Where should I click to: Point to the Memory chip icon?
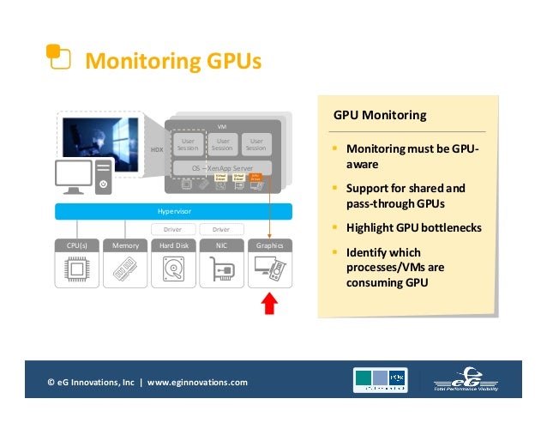click(x=125, y=270)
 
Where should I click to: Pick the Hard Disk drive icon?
click(x=174, y=270)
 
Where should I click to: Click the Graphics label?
click(x=269, y=245)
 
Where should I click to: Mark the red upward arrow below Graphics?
click(x=269, y=304)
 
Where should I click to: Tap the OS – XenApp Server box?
click(x=222, y=167)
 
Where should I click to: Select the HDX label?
click(x=157, y=149)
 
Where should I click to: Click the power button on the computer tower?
click(x=103, y=184)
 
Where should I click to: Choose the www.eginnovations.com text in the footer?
click(x=197, y=382)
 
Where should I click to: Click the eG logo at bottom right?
click(x=468, y=380)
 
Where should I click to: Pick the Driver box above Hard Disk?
click(x=173, y=229)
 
